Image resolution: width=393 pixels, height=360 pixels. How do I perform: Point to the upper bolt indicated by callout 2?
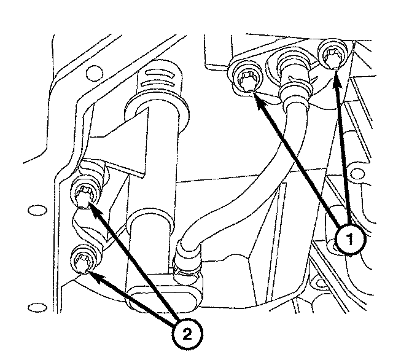coord(83,195)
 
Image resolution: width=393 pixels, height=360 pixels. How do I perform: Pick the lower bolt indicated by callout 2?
coord(82,260)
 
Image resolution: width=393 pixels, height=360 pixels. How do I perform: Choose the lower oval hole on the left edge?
coord(38,305)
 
